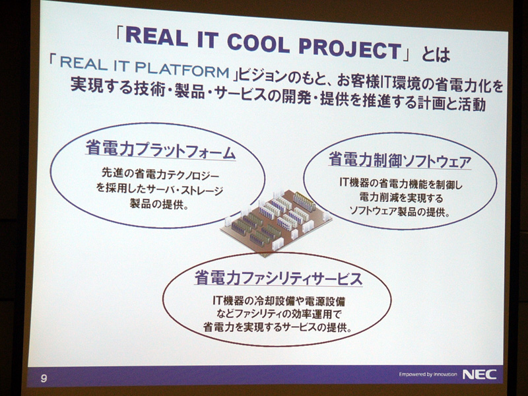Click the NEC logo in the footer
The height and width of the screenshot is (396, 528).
point(479,374)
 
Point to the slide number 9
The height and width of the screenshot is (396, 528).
point(44,378)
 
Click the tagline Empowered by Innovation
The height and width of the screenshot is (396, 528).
point(428,374)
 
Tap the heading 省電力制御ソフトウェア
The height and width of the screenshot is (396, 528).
point(400,161)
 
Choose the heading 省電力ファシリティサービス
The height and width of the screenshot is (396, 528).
point(279,278)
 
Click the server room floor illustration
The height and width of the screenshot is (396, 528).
point(276,222)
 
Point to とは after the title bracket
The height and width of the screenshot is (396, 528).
point(436,55)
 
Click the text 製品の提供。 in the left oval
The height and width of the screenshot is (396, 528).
point(158,204)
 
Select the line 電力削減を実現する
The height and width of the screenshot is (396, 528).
point(401,197)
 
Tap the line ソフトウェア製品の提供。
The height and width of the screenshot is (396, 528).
point(400,211)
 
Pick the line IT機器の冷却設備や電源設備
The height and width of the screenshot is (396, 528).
point(279,300)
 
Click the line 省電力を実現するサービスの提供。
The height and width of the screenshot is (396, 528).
point(278,327)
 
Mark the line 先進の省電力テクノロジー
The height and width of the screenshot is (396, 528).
point(160,174)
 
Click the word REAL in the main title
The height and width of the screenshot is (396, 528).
point(156,37)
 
